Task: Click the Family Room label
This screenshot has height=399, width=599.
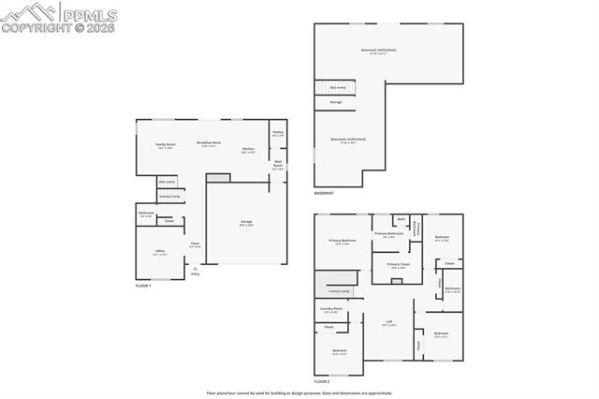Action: pyautogui.click(x=165, y=145)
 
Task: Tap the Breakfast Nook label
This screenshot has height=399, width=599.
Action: pyautogui.click(x=209, y=143)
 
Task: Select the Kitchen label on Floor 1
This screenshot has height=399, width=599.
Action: pyautogui.click(x=248, y=150)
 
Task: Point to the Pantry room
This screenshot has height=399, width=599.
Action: pyautogui.click(x=278, y=133)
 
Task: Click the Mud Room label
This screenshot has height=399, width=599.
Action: pyautogui.click(x=278, y=164)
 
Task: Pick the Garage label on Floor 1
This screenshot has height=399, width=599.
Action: pyautogui.click(x=245, y=222)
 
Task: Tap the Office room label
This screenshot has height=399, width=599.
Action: pyautogui.click(x=160, y=252)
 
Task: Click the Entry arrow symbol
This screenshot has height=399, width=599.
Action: pyautogui.click(x=195, y=268)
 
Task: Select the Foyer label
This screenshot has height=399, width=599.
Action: pyautogui.click(x=195, y=244)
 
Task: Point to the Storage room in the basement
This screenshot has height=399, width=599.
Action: pyautogui.click(x=335, y=102)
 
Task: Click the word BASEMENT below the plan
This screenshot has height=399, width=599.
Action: pyautogui.click(x=325, y=193)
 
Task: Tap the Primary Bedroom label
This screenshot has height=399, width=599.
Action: pyautogui.click(x=342, y=242)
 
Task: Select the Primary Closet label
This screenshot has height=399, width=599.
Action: pyautogui.click(x=398, y=265)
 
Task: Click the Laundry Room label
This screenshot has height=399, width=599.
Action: pyautogui.click(x=329, y=309)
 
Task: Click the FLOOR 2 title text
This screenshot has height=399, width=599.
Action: pyautogui.click(x=322, y=382)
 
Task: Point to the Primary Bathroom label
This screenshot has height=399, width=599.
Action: pyautogui.click(x=388, y=234)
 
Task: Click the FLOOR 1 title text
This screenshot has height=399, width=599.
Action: pyautogui.click(x=143, y=285)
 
